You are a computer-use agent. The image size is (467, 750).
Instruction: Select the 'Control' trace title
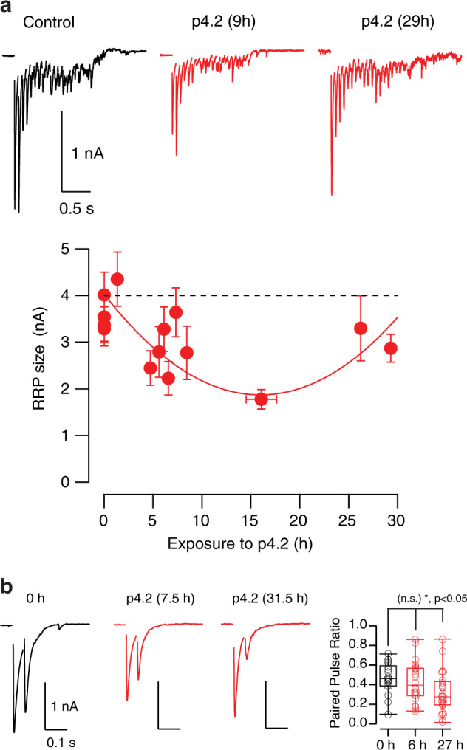[50, 22]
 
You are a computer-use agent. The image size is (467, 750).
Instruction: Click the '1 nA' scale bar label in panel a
[86, 154]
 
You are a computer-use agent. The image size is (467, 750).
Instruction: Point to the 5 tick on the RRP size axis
[86, 249]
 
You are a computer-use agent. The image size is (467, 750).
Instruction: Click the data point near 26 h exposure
[361, 328]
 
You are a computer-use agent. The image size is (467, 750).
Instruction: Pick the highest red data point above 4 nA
[117, 279]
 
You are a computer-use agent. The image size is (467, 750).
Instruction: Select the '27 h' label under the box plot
[444, 740]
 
